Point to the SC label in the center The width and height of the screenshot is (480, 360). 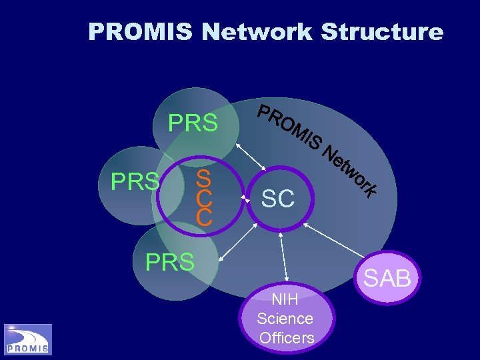pyautogui.click(x=278, y=198)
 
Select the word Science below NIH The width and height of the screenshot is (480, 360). pyautogui.click(x=285, y=319)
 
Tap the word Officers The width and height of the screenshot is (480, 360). pyautogui.click(x=287, y=338)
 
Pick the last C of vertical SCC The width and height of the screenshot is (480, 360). pyautogui.click(x=204, y=217)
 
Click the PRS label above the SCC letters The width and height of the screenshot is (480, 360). pyautogui.click(x=193, y=123)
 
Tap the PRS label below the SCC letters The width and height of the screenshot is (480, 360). pyautogui.click(x=170, y=262)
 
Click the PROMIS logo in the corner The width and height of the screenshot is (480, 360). pyautogui.click(x=28, y=339)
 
